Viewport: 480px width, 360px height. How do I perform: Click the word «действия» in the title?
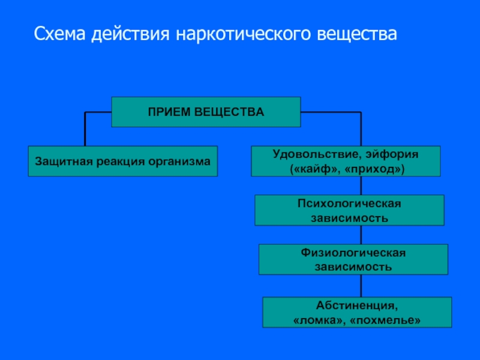131,34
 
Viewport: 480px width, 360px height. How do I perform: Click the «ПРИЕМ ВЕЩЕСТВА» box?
206,112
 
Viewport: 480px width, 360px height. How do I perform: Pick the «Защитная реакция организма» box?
122,161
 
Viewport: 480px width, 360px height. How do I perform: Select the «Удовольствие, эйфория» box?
346,161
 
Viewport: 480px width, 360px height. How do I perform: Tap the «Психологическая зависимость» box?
349,210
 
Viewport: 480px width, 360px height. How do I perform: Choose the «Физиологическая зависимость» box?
353,259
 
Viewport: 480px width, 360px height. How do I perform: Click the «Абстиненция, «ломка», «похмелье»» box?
357,313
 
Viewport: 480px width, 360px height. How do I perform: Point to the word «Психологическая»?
349,203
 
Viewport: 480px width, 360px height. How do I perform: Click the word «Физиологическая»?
353,253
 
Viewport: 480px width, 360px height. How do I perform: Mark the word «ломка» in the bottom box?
319,320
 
